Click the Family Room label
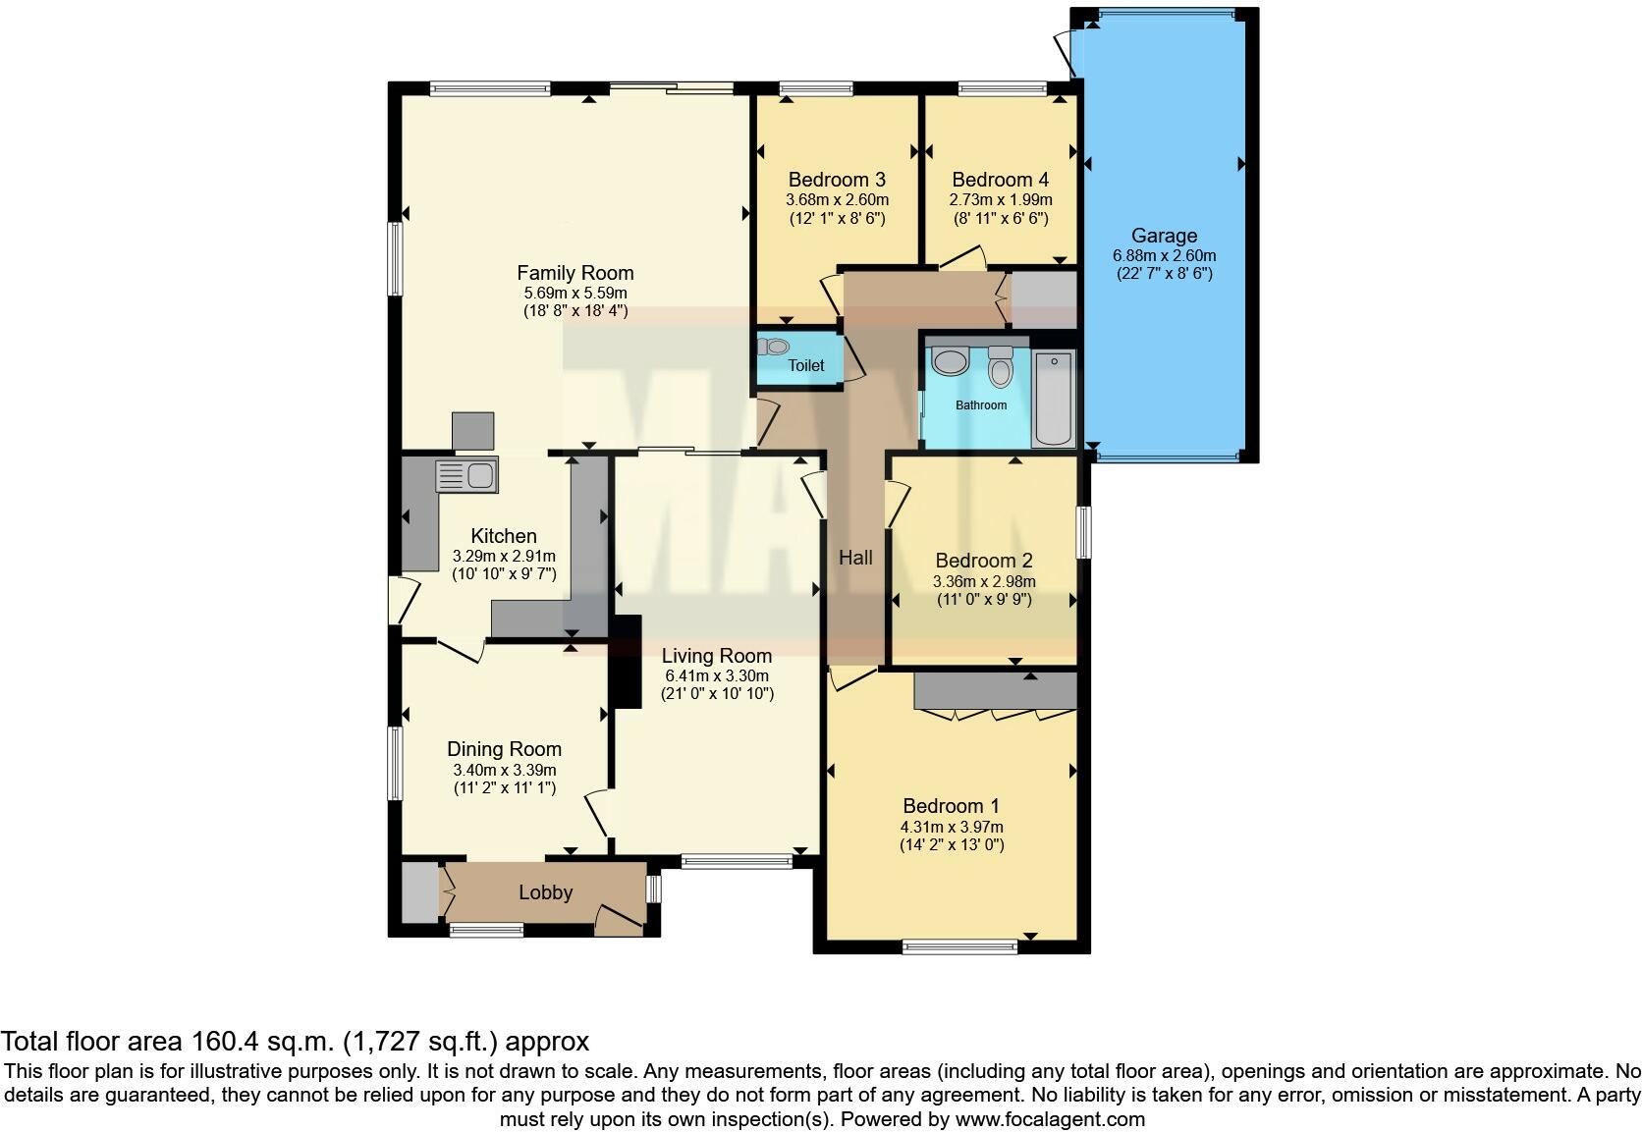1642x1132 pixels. (575, 273)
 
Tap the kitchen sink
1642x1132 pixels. (467, 476)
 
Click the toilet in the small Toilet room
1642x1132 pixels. (775, 347)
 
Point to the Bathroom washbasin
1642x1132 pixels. (950, 361)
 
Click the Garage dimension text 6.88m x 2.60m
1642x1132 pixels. (1164, 255)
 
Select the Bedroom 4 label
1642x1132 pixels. (1000, 180)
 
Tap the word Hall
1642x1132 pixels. (855, 558)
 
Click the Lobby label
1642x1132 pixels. (545, 892)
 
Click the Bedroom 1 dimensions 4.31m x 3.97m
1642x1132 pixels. (952, 827)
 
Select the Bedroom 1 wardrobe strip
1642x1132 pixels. (995, 691)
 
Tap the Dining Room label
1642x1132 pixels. (504, 749)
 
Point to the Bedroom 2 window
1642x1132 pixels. (1083, 531)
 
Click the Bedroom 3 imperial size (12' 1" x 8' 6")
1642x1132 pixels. (837, 218)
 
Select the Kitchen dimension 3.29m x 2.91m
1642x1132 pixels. (504, 556)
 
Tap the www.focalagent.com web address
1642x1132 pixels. (1049, 1118)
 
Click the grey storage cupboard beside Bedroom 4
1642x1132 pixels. (1045, 299)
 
